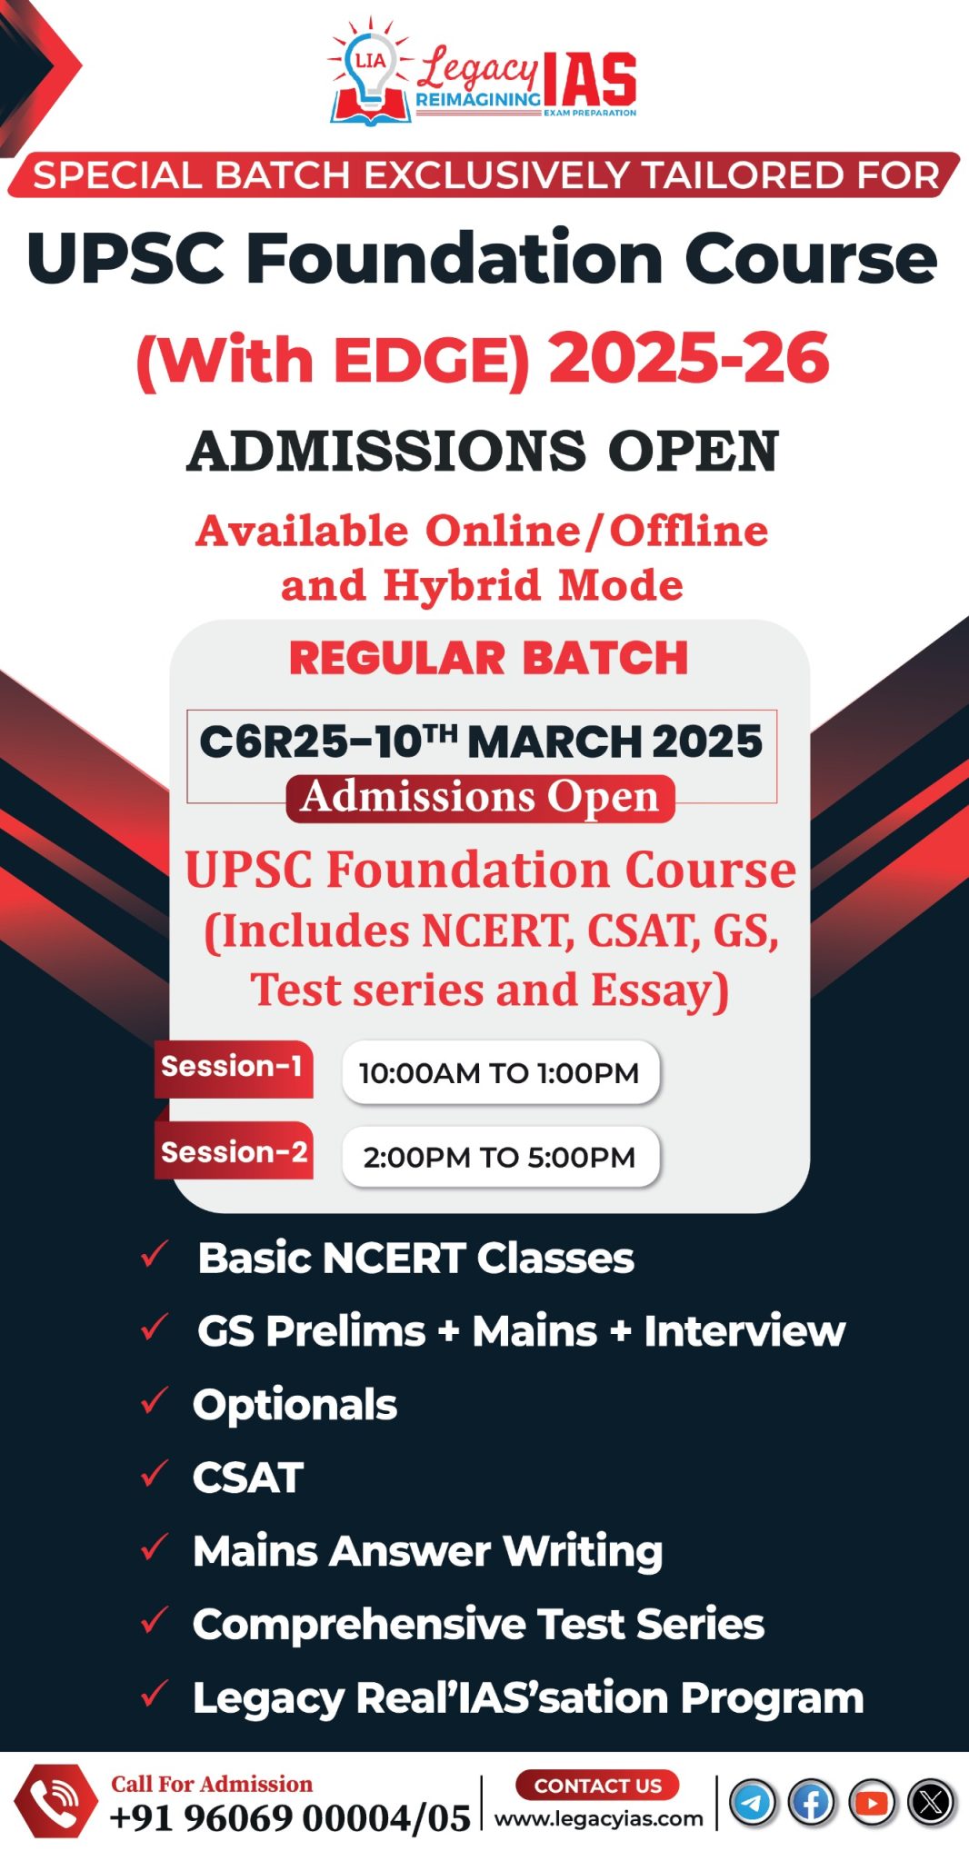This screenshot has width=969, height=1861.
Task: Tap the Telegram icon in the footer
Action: (752, 1802)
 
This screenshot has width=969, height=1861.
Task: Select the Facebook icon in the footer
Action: (811, 1802)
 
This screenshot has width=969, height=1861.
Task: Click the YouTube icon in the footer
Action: (872, 1802)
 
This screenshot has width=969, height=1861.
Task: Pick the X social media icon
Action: (931, 1802)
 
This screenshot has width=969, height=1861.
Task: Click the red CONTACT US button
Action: (597, 1785)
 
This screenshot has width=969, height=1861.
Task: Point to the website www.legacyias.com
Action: (598, 1818)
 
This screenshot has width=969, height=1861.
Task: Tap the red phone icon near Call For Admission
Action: (55, 1801)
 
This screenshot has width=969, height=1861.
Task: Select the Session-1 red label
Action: (233, 1068)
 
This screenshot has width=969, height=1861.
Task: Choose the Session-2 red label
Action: (234, 1152)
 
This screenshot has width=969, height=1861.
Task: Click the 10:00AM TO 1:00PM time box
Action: (500, 1072)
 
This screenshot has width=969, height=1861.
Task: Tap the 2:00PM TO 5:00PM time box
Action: (500, 1157)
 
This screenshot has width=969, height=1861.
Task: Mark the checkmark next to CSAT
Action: (155, 1474)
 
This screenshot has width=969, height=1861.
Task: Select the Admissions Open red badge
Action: (480, 798)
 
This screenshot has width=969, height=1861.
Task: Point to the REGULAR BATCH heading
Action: (488, 658)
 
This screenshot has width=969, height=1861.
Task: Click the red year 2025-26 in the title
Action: (689, 358)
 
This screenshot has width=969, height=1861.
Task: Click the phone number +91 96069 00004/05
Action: (290, 1818)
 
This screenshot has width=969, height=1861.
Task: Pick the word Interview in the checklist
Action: (744, 1331)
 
